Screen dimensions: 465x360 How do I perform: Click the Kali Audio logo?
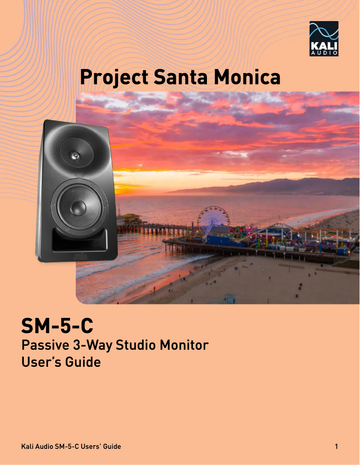[x=324, y=39]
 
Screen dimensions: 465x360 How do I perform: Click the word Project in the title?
[x=114, y=77]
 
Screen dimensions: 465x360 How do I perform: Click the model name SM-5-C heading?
[x=57, y=326]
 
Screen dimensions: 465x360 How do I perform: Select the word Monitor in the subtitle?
[x=184, y=346]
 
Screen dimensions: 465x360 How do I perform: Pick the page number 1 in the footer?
[x=336, y=447]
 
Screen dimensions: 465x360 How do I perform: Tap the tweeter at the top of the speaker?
[x=75, y=155]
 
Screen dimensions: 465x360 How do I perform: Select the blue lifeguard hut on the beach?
[x=229, y=298]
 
